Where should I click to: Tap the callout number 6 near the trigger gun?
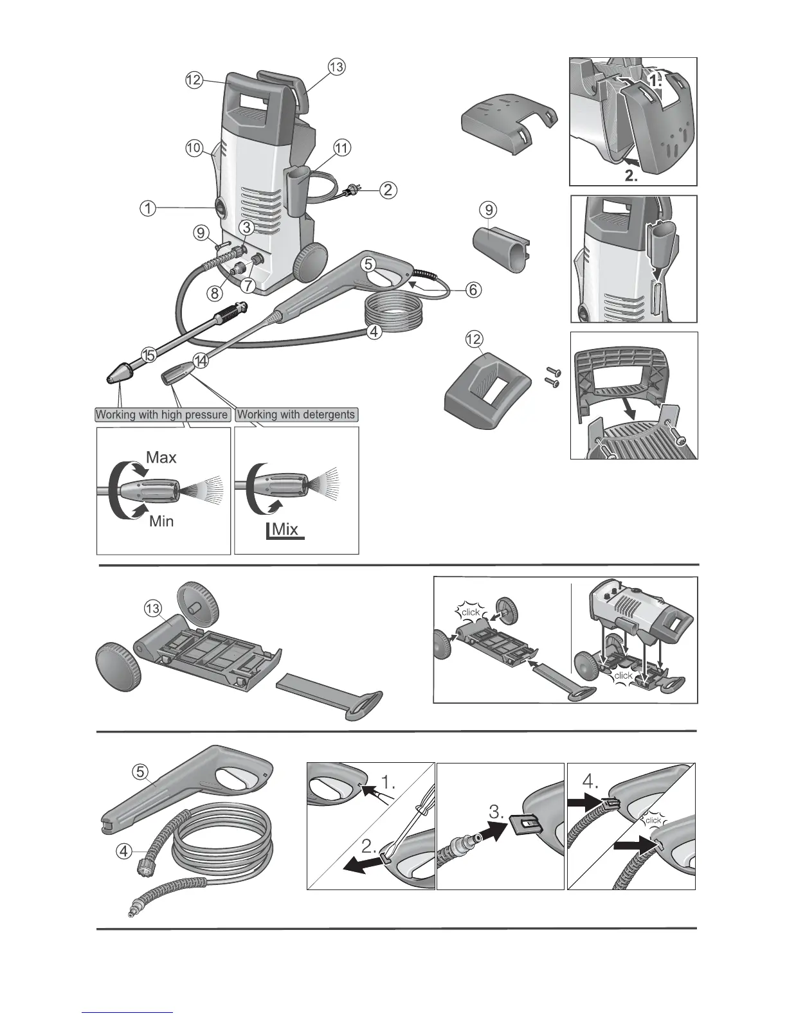[473, 290]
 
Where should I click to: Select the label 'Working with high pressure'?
[161, 415]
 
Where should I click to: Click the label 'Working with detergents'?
[296, 415]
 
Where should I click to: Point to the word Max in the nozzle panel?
[161, 458]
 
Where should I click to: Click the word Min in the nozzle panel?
[161, 521]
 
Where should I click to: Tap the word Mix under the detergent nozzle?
[285, 530]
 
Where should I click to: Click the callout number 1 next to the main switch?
[147, 208]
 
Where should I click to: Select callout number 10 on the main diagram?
[193, 148]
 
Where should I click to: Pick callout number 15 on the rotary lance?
[149, 354]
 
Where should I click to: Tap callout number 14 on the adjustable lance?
[202, 361]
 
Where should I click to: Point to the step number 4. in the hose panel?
[591, 782]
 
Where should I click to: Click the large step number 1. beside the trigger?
[388, 783]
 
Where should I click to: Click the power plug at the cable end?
[352, 190]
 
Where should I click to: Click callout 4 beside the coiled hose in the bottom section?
[125, 852]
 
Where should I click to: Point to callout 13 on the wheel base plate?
[152, 607]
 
